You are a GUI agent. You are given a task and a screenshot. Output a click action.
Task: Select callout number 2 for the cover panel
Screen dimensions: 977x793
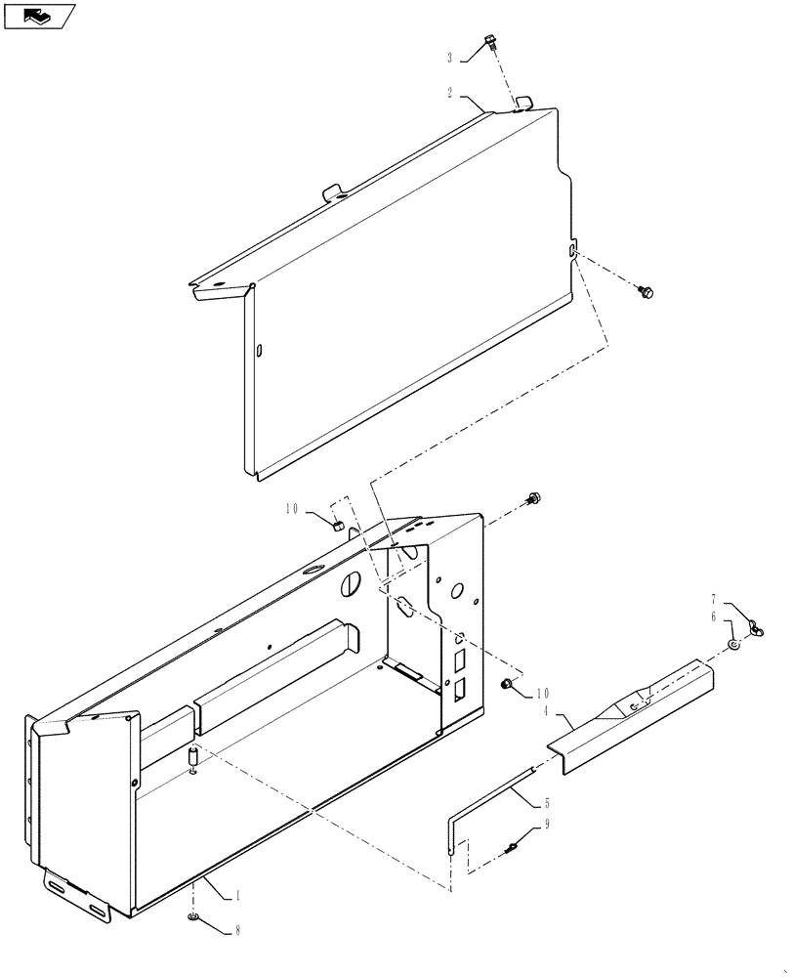pos(450,94)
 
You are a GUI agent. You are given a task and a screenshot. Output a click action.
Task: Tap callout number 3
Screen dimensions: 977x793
pos(450,59)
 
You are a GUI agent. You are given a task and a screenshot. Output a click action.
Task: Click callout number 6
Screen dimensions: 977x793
pos(714,616)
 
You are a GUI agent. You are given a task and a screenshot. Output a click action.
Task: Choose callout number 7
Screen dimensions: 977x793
pos(714,598)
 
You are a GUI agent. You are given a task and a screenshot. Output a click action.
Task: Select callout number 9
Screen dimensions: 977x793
pos(547,825)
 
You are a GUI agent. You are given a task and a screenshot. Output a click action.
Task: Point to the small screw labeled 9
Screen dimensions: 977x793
pos(511,847)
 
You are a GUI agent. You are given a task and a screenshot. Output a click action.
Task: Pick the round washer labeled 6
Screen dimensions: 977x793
pos(733,646)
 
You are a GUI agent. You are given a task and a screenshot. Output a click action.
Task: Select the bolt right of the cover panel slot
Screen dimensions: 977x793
pos(646,291)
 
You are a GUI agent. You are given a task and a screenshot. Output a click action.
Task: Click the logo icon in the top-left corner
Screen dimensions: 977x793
pos(38,16)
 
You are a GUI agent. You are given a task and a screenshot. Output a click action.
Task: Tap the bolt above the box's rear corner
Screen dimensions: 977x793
pos(534,498)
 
